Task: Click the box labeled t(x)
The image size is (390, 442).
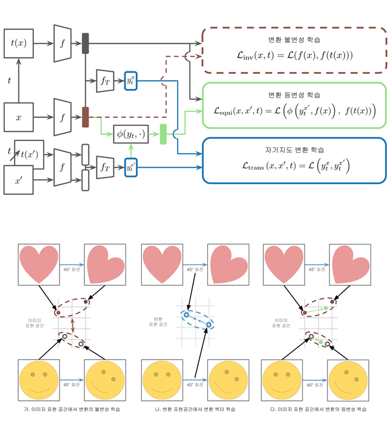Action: [x=19, y=44]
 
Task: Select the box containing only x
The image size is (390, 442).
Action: [x=19, y=117]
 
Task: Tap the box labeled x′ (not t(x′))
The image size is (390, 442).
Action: [x=19, y=179]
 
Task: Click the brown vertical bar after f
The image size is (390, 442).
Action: [x=86, y=116]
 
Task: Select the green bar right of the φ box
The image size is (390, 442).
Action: [x=163, y=134]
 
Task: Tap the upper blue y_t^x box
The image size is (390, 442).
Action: [x=131, y=81]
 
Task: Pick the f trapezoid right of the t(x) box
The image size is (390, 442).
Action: [x=62, y=44]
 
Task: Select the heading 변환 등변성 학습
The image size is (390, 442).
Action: [x=294, y=95]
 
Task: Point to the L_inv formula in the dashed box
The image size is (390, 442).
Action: [x=294, y=56]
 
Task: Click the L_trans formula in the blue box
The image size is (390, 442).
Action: [x=294, y=165]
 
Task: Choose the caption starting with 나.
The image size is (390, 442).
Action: [x=195, y=409]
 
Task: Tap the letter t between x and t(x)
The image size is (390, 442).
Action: [x=8, y=79]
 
